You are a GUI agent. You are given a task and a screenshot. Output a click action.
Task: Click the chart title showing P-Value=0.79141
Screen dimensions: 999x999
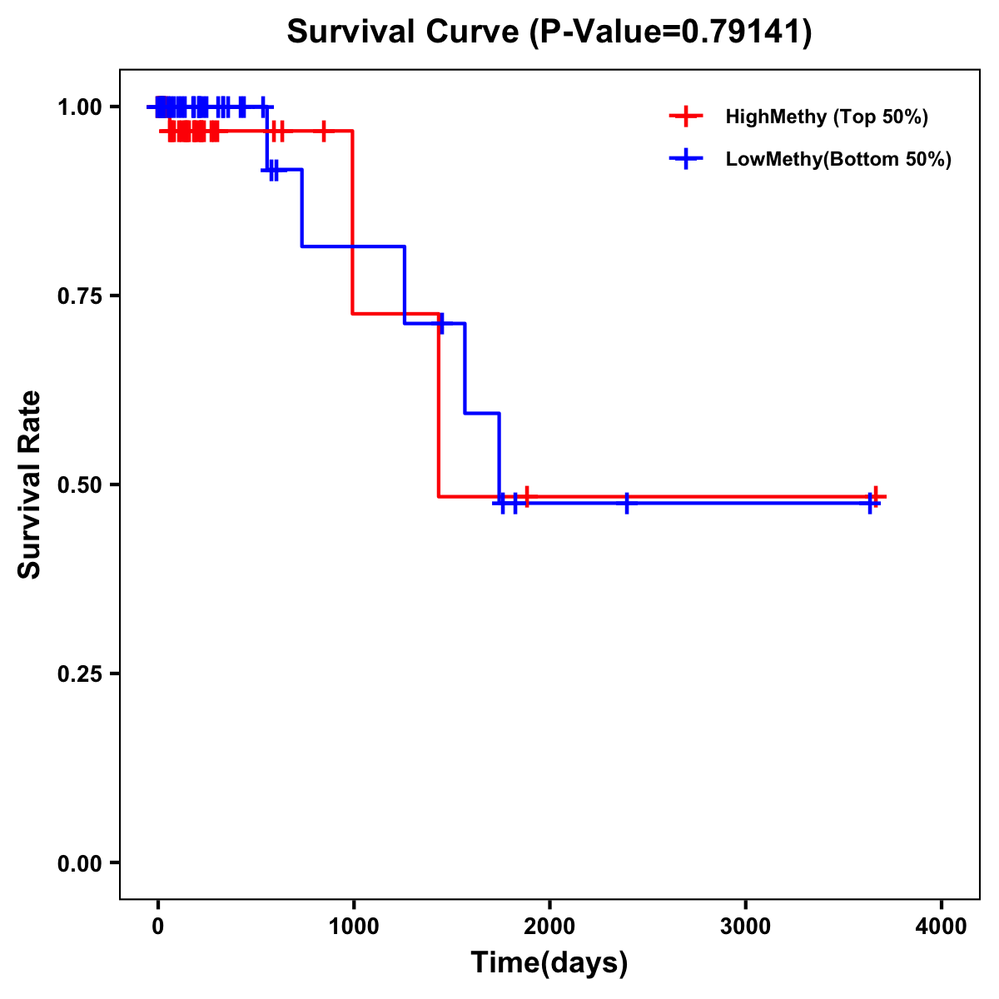tap(549, 32)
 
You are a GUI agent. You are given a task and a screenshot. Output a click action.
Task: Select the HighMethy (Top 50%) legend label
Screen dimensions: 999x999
tap(827, 117)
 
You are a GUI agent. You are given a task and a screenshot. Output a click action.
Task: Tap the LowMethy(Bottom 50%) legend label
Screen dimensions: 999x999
tap(838, 159)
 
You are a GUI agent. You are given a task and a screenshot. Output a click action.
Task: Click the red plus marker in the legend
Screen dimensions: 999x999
tap(686, 117)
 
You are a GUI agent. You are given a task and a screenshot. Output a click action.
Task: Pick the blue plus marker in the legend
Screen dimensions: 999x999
tap(686, 159)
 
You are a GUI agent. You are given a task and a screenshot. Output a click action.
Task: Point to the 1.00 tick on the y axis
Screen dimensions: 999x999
tap(79, 107)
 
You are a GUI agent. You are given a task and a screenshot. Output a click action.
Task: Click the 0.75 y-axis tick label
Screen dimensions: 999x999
tap(79, 296)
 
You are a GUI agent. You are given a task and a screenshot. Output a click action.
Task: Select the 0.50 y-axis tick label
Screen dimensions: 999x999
tap(79, 485)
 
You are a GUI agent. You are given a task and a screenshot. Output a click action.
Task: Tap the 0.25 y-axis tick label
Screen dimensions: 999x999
tap(79, 673)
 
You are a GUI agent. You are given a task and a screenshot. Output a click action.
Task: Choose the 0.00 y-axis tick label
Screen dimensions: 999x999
tap(79, 862)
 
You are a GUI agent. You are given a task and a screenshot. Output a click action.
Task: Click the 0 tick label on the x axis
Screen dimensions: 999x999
tap(157, 926)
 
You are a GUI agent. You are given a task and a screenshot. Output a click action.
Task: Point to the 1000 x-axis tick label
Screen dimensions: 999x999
tap(353, 926)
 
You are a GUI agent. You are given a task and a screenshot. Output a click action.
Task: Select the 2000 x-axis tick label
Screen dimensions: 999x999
tap(549, 926)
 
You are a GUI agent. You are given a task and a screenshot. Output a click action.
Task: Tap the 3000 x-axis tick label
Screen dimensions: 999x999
tap(745, 926)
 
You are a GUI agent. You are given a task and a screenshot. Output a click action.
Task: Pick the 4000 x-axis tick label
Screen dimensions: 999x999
tap(942, 926)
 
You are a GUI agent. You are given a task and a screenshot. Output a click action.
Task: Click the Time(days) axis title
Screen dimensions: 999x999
tap(549, 963)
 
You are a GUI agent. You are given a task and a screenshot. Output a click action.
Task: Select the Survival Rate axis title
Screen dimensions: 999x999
tap(30, 485)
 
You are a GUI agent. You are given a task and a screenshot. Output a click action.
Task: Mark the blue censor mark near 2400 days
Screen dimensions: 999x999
tap(627, 503)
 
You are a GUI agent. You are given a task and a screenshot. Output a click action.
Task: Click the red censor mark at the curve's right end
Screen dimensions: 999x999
tap(875, 497)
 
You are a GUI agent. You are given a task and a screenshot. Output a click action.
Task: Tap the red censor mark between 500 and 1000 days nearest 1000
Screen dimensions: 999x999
tap(324, 131)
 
